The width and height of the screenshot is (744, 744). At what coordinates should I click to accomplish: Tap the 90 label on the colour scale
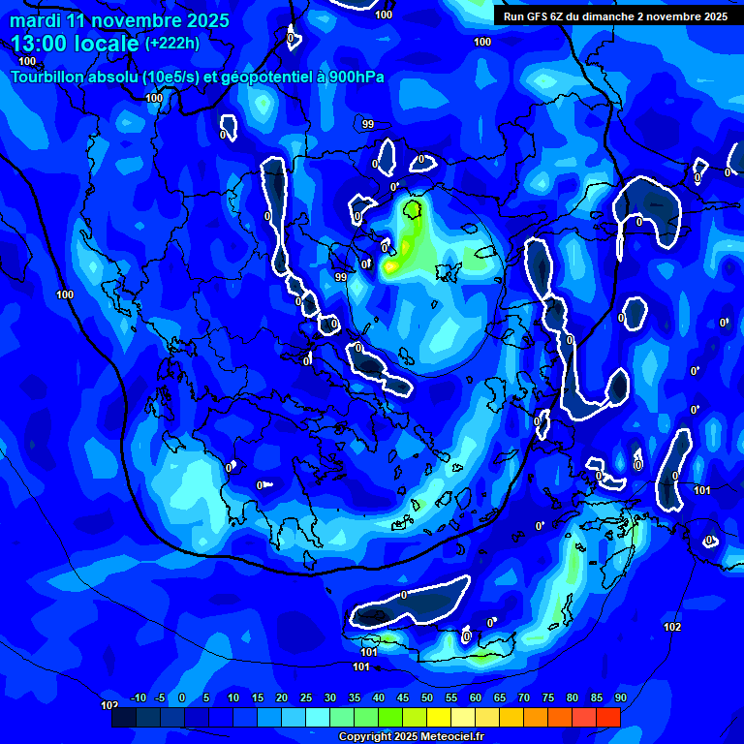tap(620, 698)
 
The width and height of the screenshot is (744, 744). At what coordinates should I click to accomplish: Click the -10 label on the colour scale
tap(137, 698)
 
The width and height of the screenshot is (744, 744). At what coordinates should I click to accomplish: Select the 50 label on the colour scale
tap(427, 698)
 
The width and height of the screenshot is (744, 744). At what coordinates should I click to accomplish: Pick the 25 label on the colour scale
tap(306, 698)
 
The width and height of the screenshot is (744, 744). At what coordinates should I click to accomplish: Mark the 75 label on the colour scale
tap(548, 698)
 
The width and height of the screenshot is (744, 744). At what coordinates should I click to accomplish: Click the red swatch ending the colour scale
tap(607, 717)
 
